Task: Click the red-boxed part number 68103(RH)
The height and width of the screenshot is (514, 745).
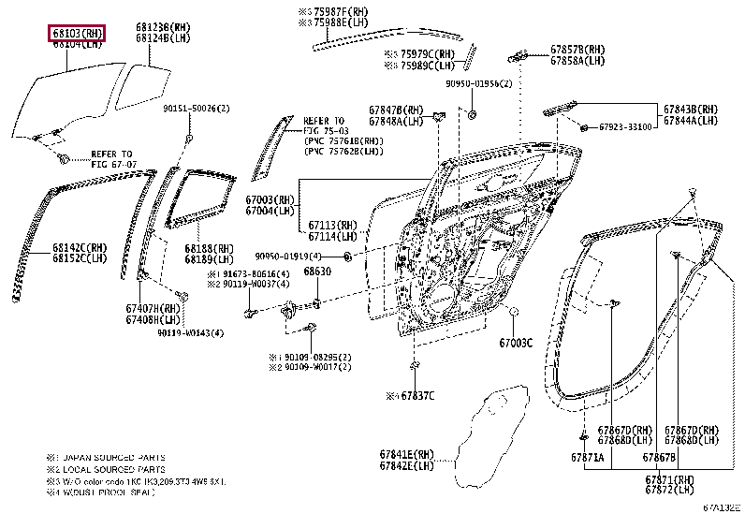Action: coord(77,34)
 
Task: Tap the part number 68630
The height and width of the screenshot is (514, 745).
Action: coord(317,271)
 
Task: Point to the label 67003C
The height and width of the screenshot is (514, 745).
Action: coord(515,343)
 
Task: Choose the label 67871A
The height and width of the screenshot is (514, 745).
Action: coord(588,458)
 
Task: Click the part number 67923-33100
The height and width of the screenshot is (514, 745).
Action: coord(626,126)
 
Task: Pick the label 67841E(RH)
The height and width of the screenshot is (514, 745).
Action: coord(407,454)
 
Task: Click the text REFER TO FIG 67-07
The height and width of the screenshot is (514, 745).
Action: coord(111,158)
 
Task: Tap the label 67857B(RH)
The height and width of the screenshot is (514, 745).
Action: coord(577,49)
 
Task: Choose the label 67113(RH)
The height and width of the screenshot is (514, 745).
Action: coord(332,226)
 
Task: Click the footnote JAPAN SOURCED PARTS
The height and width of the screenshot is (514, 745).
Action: coord(112,458)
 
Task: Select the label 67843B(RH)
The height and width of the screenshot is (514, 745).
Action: coord(691,109)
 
